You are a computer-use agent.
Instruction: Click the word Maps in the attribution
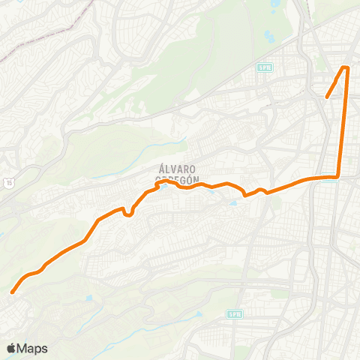click(x=31, y=349)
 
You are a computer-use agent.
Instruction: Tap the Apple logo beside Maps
click(x=11, y=349)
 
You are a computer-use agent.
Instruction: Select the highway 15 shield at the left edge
click(x=9, y=182)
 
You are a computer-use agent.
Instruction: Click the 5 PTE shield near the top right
click(x=263, y=67)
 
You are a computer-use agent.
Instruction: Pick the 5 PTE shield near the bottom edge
click(x=235, y=314)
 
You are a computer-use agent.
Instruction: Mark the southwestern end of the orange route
click(x=13, y=292)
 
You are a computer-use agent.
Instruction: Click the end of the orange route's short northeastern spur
click(x=327, y=96)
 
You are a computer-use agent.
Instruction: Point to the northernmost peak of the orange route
click(x=346, y=68)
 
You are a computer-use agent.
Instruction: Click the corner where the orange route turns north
click(x=338, y=177)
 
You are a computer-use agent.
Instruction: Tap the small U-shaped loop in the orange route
click(x=128, y=214)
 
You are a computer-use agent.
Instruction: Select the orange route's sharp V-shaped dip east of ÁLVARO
click(x=246, y=196)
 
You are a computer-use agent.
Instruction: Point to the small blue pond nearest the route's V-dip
click(x=233, y=202)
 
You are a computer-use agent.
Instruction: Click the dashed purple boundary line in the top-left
click(x=45, y=37)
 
